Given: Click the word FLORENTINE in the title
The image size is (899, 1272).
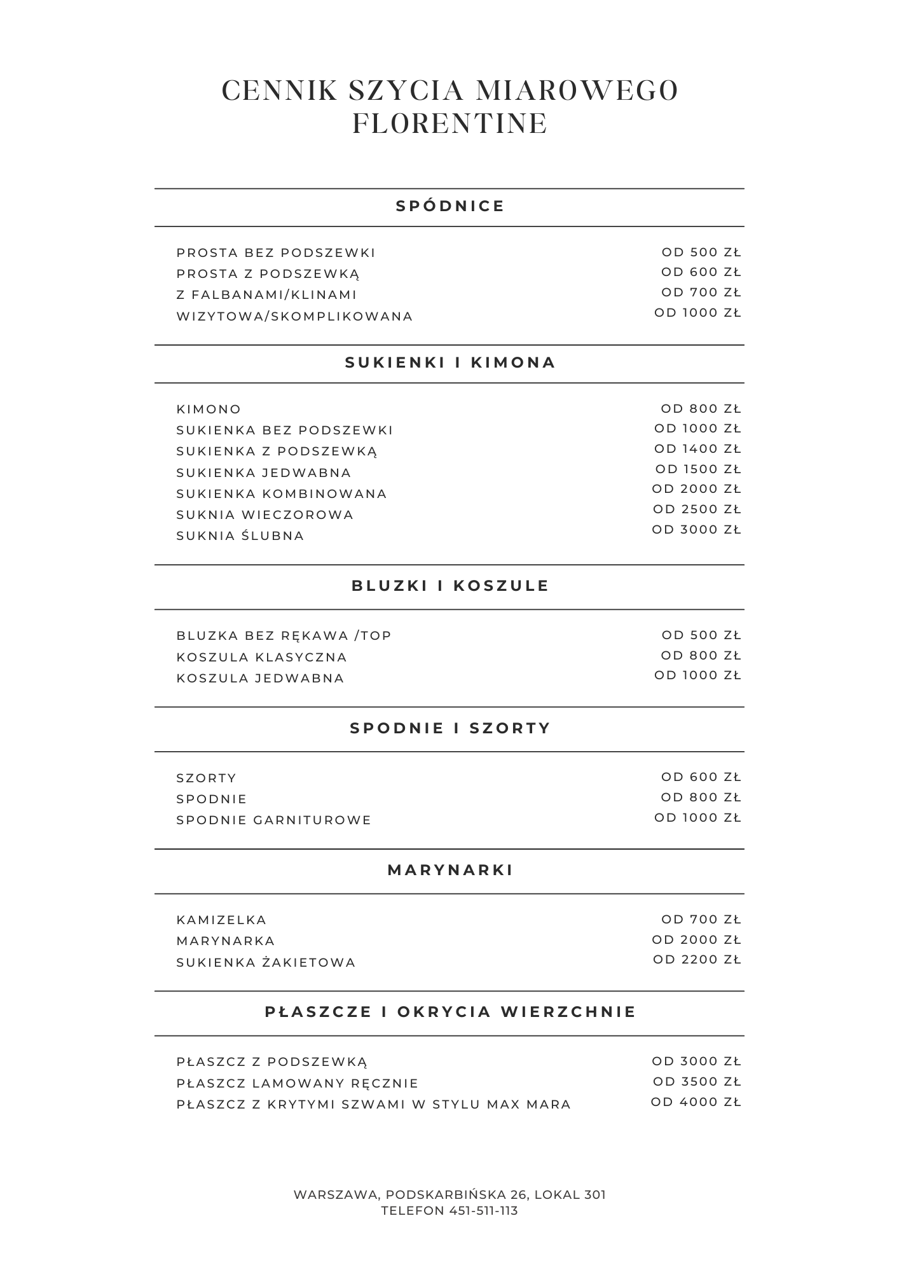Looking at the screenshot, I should tap(449, 123).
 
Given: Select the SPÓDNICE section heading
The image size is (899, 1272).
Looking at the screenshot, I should tap(449, 206).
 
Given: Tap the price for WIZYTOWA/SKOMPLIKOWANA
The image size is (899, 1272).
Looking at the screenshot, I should tap(697, 313).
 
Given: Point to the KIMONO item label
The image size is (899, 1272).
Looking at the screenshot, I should tap(209, 410).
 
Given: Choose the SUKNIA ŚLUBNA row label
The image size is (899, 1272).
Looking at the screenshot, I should tap(240, 536).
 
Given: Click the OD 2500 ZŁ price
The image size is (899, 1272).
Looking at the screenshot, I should tap(696, 509).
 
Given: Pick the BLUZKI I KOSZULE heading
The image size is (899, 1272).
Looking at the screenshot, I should tap(449, 586).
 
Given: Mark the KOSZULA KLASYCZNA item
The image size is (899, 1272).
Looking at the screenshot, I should tap(261, 658).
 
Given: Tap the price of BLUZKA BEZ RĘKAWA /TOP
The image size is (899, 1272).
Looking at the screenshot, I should tap(701, 635).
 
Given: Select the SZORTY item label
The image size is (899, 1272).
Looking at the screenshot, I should tap(206, 778).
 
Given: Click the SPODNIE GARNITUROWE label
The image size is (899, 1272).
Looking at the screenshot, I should tap(273, 820).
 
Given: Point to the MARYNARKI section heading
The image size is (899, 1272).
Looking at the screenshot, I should tap(449, 870).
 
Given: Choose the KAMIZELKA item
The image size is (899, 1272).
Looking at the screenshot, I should tap(221, 920).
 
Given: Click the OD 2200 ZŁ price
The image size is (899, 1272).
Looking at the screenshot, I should tap(697, 960).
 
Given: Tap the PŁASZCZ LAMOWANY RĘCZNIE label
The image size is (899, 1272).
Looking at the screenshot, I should tap(297, 1084).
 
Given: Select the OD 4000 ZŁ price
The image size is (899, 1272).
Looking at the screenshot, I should tap(696, 1102).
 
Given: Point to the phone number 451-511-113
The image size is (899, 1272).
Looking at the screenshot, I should tap(483, 1211).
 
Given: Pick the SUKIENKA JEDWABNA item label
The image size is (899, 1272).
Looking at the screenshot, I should tap(263, 473).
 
